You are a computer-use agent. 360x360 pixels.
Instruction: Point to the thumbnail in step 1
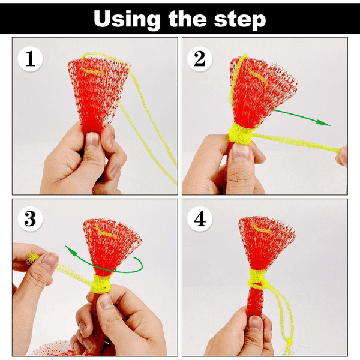(x=92, y=142)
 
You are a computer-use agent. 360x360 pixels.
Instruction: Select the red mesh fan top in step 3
(x=111, y=240)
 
